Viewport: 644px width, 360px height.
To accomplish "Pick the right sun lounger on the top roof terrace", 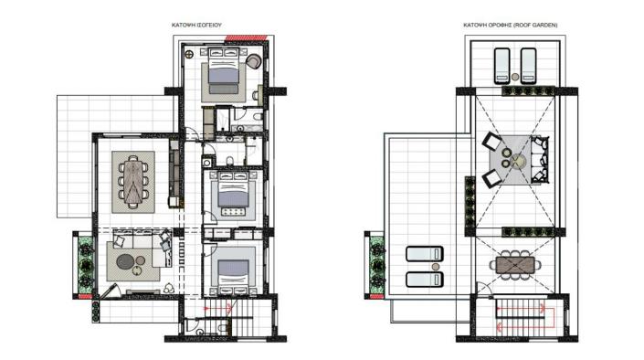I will (528, 65).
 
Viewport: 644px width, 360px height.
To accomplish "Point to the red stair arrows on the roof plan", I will (524, 317).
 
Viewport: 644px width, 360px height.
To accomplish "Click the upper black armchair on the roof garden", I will (491, 142).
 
